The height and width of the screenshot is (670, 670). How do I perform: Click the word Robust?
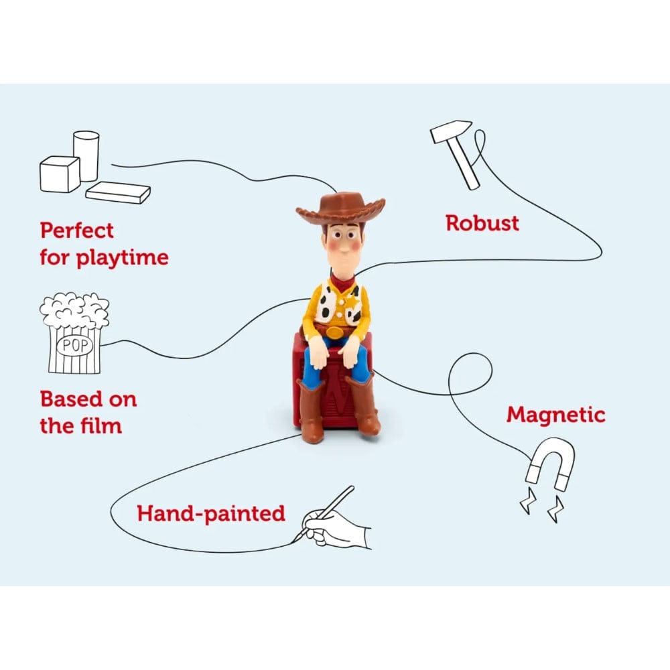(482, 223)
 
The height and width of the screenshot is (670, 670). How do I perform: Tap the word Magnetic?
(556, 415)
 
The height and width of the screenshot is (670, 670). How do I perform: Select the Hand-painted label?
(210, 514)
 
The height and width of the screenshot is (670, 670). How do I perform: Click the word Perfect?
(77, 230)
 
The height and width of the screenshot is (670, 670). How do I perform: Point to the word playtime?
(122, 258)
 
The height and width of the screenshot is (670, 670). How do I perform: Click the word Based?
(70, 399)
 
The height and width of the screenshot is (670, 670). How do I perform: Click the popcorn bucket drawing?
(74, 333)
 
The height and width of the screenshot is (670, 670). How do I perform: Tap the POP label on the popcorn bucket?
(75, 345)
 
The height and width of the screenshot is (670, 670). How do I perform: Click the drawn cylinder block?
(86, 155)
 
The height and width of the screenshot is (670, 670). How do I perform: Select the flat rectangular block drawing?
(118, 192)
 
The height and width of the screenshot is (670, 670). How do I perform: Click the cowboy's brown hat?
(340, 209)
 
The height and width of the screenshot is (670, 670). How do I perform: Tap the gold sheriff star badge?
(352, 303)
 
